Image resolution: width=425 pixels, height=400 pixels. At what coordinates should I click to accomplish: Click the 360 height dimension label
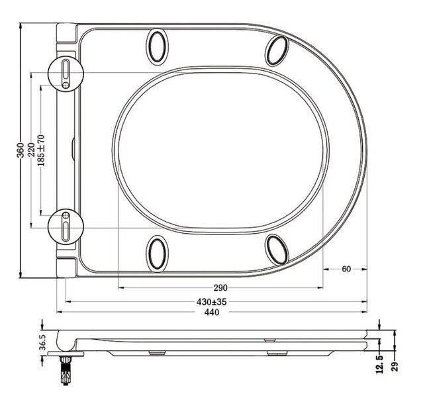point(20,150)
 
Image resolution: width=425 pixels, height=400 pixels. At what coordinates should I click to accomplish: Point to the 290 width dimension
point(220,288)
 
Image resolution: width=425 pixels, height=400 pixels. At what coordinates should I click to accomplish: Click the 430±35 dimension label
point(212,301)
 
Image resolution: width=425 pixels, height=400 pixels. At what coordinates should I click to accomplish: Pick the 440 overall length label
point(212,312)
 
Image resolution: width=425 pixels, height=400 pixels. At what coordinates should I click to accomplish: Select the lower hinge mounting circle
point(67,225)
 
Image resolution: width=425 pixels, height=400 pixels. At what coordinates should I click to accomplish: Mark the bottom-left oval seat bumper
point(158,251)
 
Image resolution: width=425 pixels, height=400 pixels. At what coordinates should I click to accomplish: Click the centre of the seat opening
point(220,150)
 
